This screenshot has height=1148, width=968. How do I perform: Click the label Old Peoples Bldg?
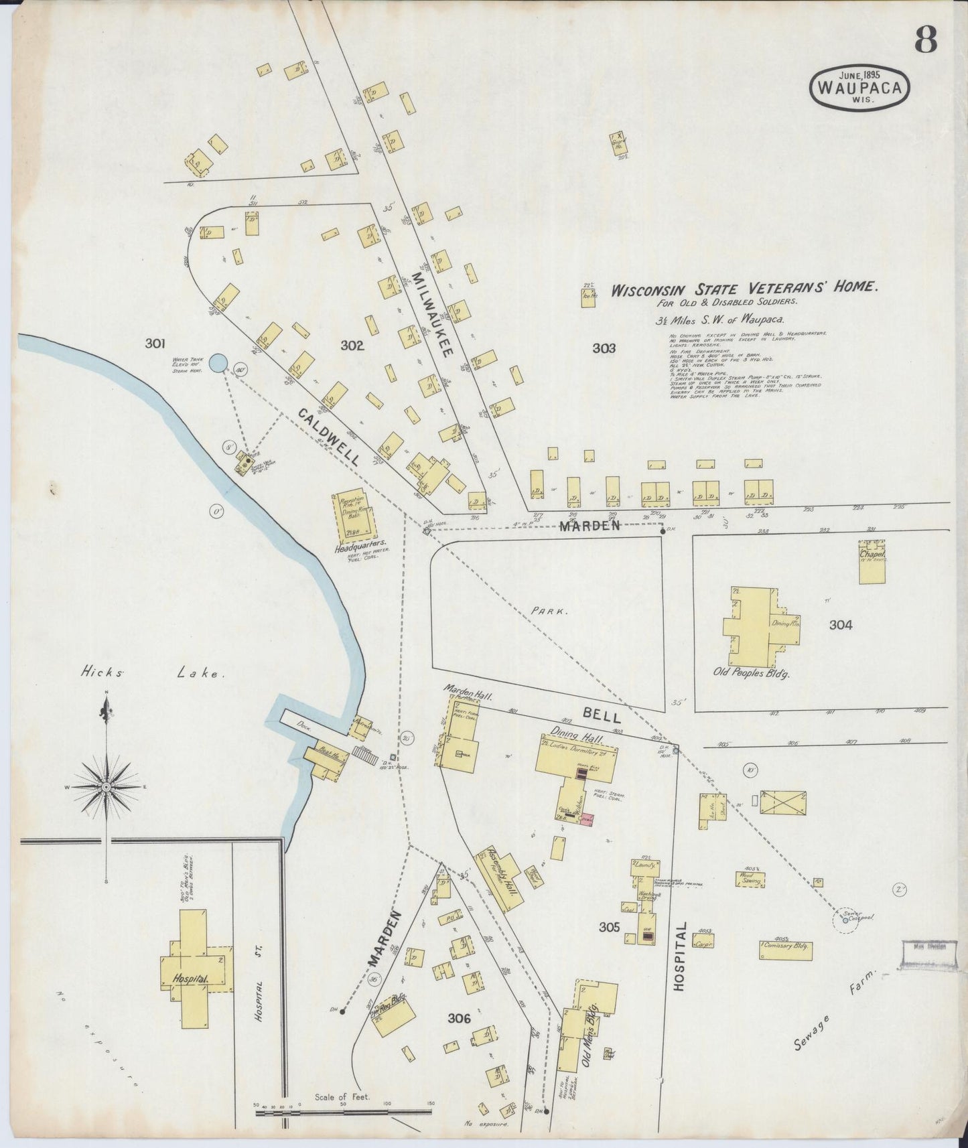[751, 672]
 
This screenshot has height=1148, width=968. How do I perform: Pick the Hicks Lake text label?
[153, 674]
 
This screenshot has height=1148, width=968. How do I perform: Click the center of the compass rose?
[106, 787]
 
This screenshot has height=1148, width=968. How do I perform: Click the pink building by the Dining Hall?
[587, 818]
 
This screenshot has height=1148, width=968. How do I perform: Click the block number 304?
[840, 625]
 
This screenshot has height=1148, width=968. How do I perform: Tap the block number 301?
[155, 344]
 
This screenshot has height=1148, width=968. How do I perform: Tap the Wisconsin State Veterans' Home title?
[744, 289]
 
